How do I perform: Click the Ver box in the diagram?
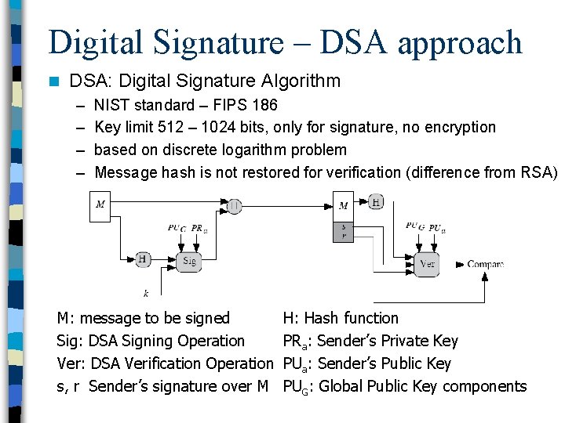[428, 264]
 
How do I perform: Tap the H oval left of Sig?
[144, 258]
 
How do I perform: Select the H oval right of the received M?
[376, 202]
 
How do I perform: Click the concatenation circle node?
[235, 205]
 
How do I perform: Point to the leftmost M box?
[101, 205]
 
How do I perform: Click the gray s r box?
[344, 230]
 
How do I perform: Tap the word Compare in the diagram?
[485, 265]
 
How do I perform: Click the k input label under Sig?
[146, 293]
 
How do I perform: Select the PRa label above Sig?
[199, 229]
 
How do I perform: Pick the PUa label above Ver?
[438, 228]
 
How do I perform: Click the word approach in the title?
[459, 42]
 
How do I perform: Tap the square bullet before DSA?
[53, 81]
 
